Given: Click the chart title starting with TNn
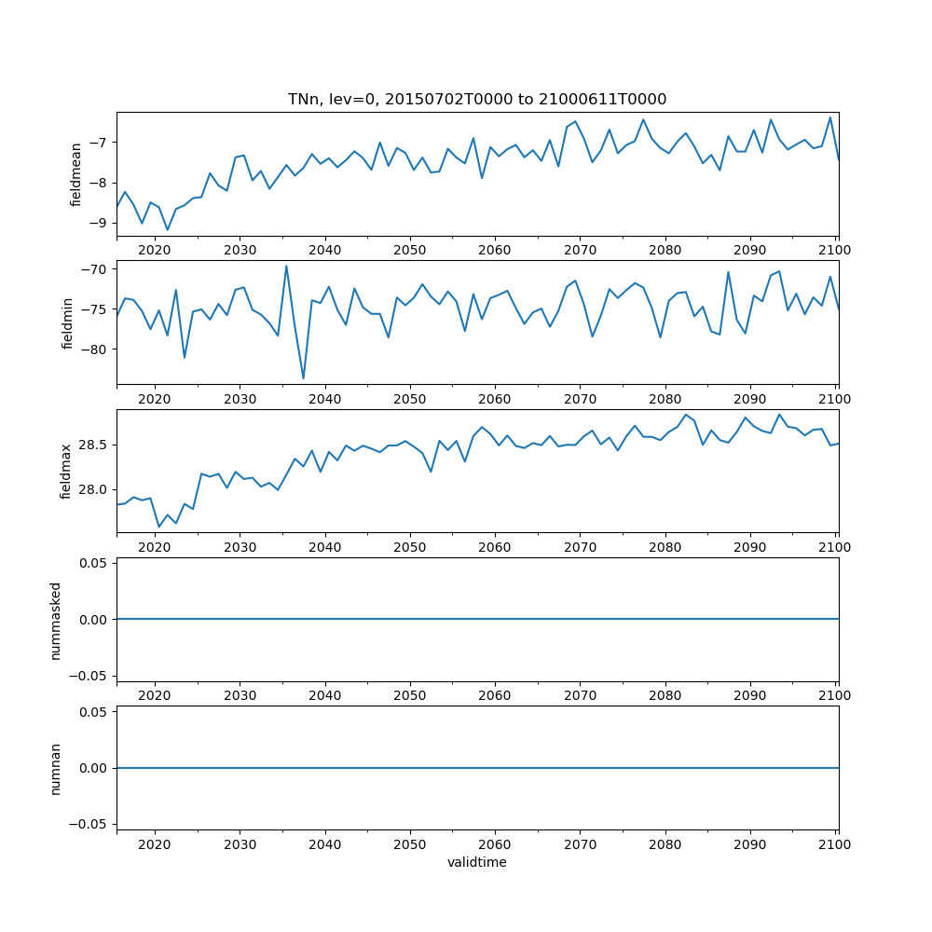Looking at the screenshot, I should click(477, 99).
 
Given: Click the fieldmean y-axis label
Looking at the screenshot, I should click(77, 174).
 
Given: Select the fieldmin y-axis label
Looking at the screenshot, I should click(67, 322).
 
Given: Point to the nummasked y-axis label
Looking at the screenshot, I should click(56, 619).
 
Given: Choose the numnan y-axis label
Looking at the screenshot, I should click(56, 768).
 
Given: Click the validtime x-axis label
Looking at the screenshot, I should click(477, 862).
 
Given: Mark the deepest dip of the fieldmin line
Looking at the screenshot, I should click(304, 378).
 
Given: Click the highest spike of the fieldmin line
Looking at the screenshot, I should click(286, 266).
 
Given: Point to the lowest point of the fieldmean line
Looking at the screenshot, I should click(168, 230).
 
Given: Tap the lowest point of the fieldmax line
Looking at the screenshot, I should click(159, 528).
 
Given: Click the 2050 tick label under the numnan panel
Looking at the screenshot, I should click(409, 843).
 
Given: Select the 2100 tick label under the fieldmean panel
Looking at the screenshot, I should click(835, 250).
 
